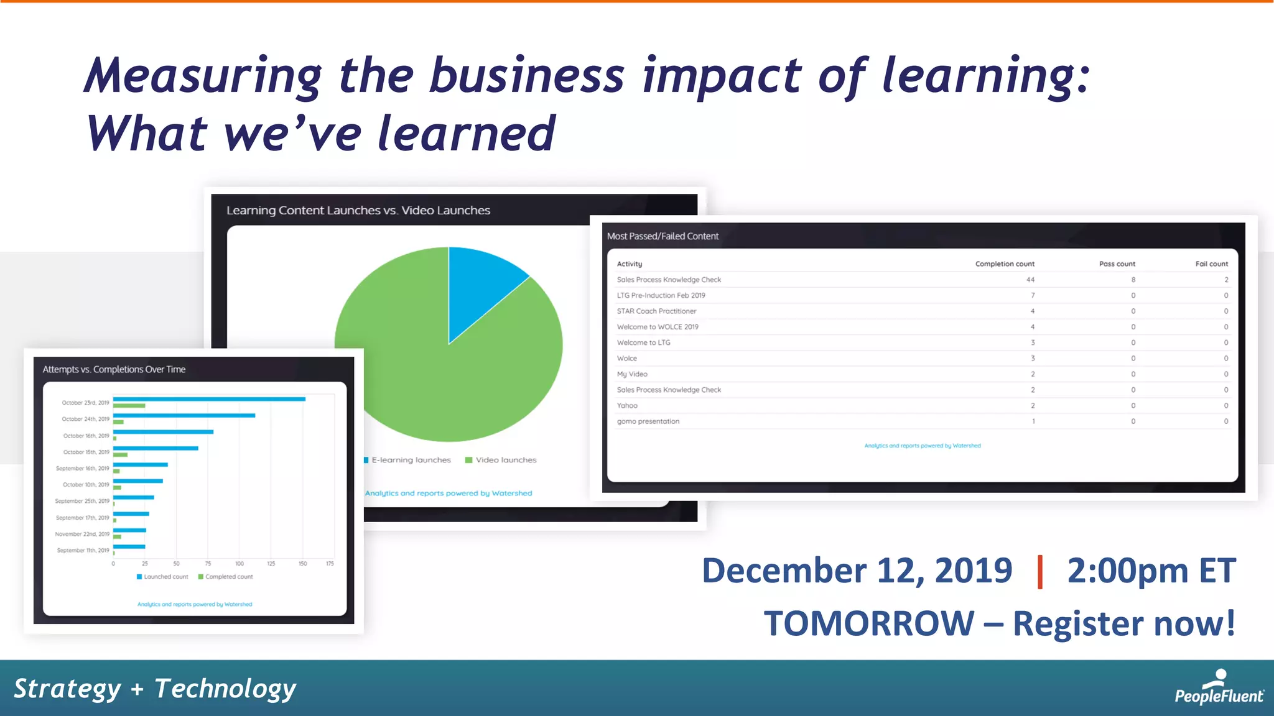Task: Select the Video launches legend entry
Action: pyautogui.click(x=501, y=460)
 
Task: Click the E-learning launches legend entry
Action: pyautogui.click(x=407, y=460)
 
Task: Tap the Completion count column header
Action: pyautogui.click(x=1005, y=264)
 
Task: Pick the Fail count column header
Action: pyautogui.click(x=1211, y=264)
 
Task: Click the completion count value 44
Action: pyautogui.click(x=1030, y=280)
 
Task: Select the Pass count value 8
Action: pyautogui.click(x=1133, y=280)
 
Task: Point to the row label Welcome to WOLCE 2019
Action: pyautogui.click(x=658, y=327)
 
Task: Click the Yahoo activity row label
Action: pyautogui.click(x=627, y=406)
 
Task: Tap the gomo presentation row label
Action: pyautogui.click(x=648, y=421)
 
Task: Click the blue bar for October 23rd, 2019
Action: pyautogui.click(x=209, y=399)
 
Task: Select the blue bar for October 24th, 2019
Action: pyautogui.click(x=184, y=415)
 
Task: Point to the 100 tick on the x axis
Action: pyautogui.click(x=239, y=564)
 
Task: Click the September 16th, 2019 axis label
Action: pyautogui.click(x=82, y=469)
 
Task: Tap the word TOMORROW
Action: pyautogui.click(x=869, y=623)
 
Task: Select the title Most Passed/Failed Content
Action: pyautogui.click(x=663, y=236)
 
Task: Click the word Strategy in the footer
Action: pyautogui.click(x=67, y=689)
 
